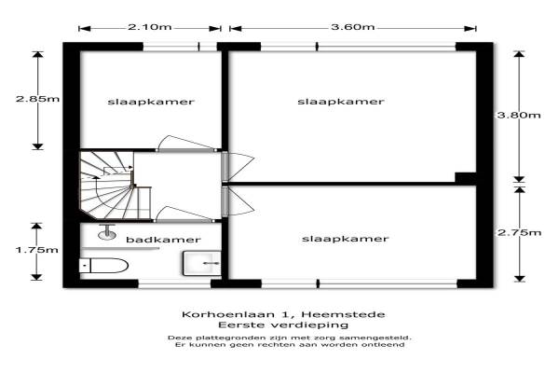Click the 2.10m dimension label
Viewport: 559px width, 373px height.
pos(150,27)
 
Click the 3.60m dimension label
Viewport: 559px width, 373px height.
pos(352,27)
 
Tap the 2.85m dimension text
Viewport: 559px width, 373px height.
pos(37,99)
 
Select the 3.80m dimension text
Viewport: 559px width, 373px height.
pos(519,115)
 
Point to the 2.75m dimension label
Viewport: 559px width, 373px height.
pos(520,233)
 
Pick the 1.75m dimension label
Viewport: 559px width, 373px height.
pos(36,250)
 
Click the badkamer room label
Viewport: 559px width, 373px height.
pos(163,240)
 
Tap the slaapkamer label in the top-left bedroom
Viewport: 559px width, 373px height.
pos(151,102)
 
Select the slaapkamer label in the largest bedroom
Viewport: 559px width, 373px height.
pos(341,102)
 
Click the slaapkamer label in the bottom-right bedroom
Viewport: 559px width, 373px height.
pos(345,239)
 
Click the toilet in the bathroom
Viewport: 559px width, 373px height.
pos(103,266)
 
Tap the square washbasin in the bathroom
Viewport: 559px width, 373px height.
pos(202,263)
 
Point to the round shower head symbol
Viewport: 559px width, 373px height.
pos(106,234)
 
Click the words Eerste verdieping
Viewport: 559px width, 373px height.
pos(283,325)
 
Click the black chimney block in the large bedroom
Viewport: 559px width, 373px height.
pos(466,178)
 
